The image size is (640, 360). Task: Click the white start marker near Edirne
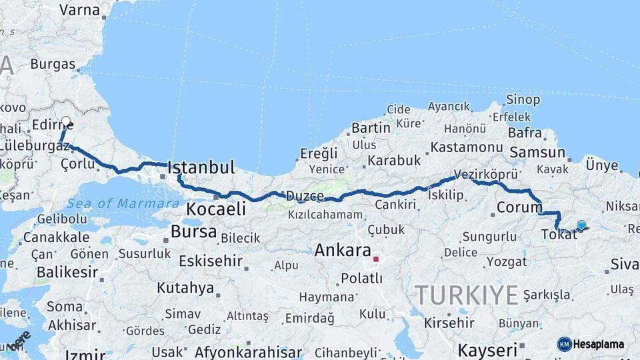coord(65,122)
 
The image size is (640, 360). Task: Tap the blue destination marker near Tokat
coord(581,225)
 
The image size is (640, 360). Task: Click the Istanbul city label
coord(201,167)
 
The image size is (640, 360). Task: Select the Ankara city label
coord(342,251)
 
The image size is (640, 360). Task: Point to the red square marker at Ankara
coord(376,259)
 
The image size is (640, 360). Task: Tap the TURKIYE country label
coord(466,294)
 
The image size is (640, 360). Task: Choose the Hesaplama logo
coord(591,344)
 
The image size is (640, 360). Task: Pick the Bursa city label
coord(193,232)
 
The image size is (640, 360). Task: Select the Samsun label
coord(537,153)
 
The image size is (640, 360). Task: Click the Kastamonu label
coord(466,147)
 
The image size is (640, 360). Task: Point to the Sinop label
coord(523,100)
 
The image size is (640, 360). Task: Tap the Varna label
coord(79,10)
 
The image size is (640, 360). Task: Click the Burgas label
coord(53,65)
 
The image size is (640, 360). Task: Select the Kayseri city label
coord(487,350)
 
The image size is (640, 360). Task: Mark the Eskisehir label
coord(207,261)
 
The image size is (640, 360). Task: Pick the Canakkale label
coord(56,237)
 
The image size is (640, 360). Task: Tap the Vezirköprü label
coord(486,174)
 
